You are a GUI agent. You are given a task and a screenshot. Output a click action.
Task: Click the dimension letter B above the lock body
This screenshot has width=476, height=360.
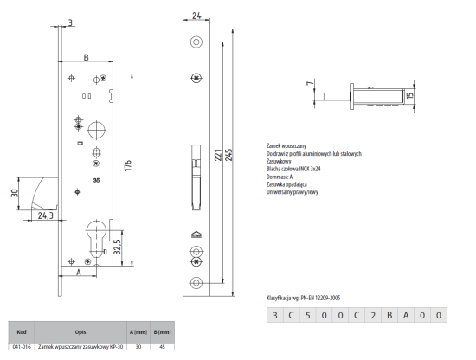(x=85, y=58)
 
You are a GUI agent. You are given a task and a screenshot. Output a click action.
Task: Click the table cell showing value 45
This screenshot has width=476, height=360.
(x=161, y=344)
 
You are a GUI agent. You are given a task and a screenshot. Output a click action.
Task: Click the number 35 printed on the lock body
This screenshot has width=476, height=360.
(x=96, y=182)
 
